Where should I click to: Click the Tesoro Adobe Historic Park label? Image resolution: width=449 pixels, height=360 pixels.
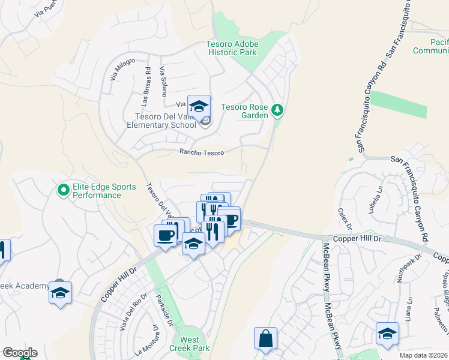[x=232, y=48]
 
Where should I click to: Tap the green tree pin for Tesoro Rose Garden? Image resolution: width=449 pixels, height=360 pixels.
[x=277, y=109]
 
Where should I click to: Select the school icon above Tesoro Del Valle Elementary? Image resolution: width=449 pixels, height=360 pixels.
[x=199, y=107]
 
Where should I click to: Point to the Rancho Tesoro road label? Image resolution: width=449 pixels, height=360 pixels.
[x=202, y=152]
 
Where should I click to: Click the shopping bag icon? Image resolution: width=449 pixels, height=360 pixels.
[x=265, y=339]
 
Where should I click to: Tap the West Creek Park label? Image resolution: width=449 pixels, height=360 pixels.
[x=190, y=344]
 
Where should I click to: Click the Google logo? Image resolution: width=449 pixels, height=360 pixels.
[x=19, y=353]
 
